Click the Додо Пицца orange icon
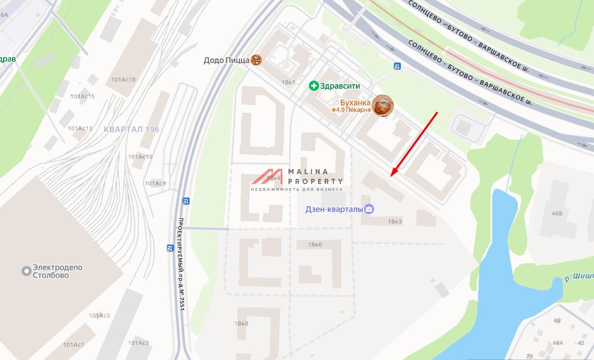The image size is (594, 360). click(x=257, y=61)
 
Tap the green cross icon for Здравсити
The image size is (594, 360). click(x=314, y=86)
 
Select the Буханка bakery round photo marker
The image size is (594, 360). click(x=383, y=105)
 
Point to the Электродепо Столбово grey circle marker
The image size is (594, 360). click(x=26, y=271)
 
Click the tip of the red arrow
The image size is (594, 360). click(x=391, y=176)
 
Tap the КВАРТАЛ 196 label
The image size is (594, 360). click(x=131, y=130)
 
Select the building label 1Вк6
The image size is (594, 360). click(x=315, y=245)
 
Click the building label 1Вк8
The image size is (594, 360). click(x=242, y=323)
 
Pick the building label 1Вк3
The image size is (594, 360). click(x=395, y=221)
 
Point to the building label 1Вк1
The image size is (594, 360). click(x=288, y=82)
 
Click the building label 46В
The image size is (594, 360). click(x=557, y=213)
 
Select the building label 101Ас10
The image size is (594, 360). click(x=140, y=157)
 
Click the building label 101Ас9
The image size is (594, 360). click(x=155, y=183)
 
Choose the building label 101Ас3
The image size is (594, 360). click(x=99, y=316)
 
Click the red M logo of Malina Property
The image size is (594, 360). click(x=268, y=176)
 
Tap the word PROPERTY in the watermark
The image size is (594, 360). click(x=315, y=181)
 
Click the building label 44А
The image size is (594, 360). click(x=558, y=343)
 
